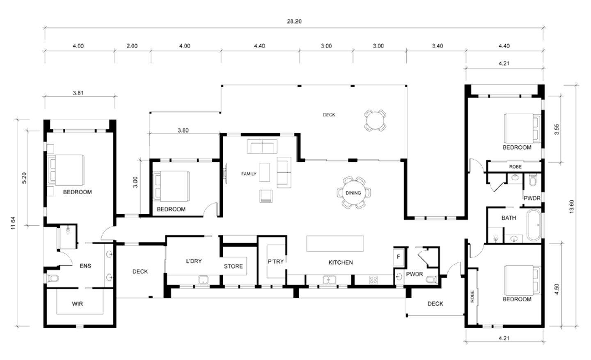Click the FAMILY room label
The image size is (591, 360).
click(x=248, y=174)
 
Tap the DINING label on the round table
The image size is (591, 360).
click(x=353, y=193)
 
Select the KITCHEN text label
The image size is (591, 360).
click(x=341, y=262)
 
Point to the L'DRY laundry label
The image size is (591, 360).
click(x=194, y=261)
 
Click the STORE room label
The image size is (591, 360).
click(x=234, y=266)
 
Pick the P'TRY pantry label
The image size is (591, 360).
click(x=276, y=262)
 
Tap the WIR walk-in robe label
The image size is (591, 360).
click(x=78, y=304)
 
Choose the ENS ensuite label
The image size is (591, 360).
click(x=85, y=266)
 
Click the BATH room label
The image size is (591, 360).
click(x=509, y=218)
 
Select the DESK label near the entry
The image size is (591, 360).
click(x=435, y=304)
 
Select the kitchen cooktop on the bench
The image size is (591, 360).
click(x=373, y=280)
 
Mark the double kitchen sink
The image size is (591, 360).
click(x=328, y=280)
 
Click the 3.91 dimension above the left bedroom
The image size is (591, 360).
click(x=78, y=93)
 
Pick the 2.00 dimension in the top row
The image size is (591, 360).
click(x=131, y=46)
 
